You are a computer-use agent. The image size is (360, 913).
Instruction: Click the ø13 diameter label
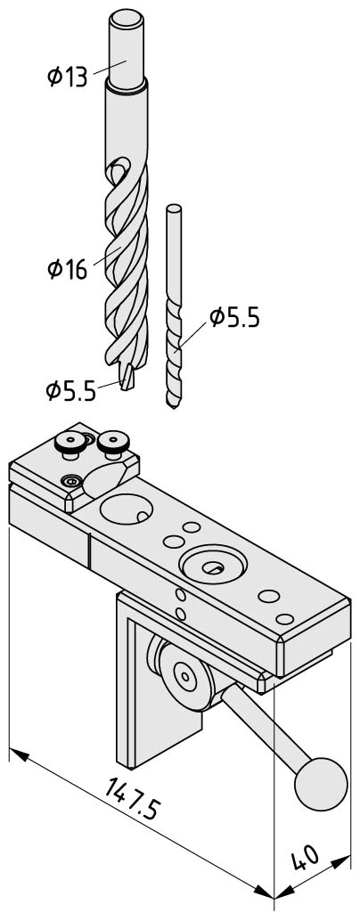tap(67, 77)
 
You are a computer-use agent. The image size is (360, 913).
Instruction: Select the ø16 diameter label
tap(67, 270)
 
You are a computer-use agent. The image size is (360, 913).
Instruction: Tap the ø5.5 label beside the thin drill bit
tap(234, 318)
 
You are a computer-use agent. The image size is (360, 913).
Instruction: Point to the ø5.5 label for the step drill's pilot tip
tap(70, 391)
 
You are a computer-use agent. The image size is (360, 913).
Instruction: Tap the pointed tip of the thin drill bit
tap(173, 407)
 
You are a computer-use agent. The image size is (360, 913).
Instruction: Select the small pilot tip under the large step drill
tap(127, 378)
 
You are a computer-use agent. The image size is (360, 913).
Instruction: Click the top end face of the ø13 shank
tap(127, 20)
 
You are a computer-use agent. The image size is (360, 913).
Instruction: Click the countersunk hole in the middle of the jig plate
tap(213, 565)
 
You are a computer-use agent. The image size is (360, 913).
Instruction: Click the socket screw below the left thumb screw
tap(70, 482)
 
